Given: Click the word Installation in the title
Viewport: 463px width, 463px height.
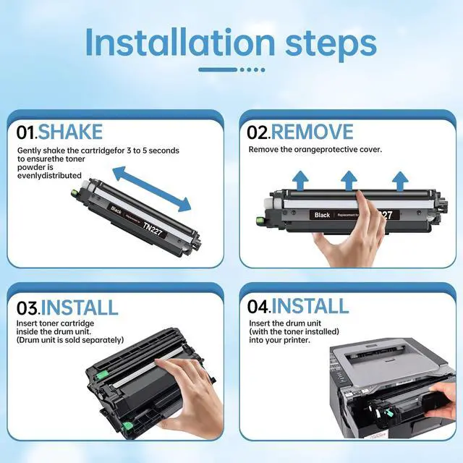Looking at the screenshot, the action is click(x=180, y=43).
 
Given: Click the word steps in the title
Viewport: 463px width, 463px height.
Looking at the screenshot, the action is click(x=331, y=45).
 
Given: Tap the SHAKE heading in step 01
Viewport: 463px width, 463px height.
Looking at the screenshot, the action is click(x=70, y=132).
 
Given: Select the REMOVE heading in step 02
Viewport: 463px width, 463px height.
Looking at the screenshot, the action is click(x=312, y=132).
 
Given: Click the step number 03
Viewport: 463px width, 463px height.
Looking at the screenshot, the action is click(x=27, y=308).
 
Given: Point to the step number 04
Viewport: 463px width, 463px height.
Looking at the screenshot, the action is click(x=258, y=307).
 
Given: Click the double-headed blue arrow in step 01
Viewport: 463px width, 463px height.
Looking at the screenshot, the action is click(x=152, y=189).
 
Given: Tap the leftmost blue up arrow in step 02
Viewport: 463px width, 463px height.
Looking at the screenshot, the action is click(x=300, y=180).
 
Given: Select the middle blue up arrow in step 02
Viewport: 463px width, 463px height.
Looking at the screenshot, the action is click(x=349, y=180).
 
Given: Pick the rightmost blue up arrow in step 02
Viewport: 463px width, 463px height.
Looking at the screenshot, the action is click(x=400, y=181).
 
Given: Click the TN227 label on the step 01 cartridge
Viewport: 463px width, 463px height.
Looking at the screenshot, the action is click(x=153, y=229).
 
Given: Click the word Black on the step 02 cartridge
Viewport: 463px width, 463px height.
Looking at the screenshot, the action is click(x=322, y=215).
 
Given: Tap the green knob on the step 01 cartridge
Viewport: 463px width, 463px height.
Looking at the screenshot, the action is click(x=74, y=194).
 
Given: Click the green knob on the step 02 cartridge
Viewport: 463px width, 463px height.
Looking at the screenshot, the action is click(x=260, y=220).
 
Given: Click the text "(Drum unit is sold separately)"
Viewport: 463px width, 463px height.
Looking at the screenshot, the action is click(x=70, y=340).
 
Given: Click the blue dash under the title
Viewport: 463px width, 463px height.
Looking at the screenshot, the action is click(x=218, y=69).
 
